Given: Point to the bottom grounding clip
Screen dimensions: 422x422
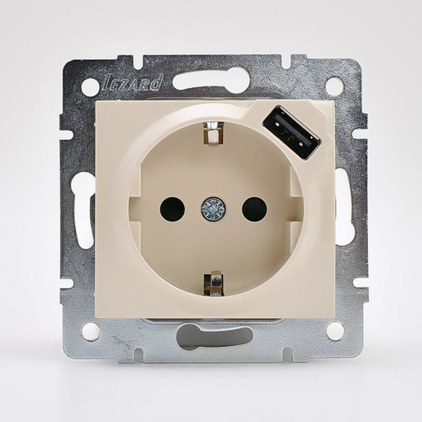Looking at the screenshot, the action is (x=214, y=285).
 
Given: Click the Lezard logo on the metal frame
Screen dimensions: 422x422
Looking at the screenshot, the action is (x=133, y=83).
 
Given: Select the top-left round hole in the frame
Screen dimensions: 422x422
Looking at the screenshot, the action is (x=90, y=86).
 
